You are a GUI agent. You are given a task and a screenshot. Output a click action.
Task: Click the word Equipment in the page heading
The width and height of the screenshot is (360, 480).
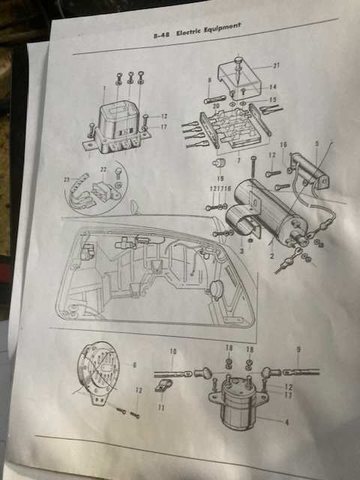click(223, 28)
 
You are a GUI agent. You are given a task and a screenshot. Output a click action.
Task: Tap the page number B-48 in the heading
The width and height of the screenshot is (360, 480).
click(161, 35)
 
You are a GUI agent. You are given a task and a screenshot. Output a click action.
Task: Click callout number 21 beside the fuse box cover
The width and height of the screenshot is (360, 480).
click(277, 65)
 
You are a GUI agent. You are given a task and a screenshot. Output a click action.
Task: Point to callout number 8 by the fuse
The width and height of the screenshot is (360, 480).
click(210, 80)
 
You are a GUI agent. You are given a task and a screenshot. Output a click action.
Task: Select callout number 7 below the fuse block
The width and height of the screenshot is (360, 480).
click(238, 160)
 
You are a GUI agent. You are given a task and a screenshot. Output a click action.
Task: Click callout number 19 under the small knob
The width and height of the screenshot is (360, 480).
click(220, 178)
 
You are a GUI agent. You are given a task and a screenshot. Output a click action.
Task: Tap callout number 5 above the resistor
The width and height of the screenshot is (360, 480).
click(317, 143)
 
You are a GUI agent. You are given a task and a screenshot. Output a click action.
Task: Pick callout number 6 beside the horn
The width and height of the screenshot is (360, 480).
click(134, 365)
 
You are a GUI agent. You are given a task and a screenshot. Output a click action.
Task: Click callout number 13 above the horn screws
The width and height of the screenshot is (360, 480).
click(139, 390)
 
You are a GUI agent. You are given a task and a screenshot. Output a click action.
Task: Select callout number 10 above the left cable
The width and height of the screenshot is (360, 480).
click(173, 352)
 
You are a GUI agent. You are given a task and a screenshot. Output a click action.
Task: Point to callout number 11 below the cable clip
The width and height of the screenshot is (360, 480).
click(161, 407)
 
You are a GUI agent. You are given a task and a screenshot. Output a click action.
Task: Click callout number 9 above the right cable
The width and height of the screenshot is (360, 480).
click(298, 349)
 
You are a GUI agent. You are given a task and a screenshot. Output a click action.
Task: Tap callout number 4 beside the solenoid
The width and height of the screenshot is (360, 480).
click(286, 422)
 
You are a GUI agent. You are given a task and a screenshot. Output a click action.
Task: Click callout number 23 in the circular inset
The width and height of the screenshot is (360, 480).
click(67, 179)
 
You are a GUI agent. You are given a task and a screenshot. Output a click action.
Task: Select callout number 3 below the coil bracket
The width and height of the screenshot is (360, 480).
click(241, 251)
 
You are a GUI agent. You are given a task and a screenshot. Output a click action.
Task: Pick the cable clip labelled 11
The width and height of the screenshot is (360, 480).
click(163, 385)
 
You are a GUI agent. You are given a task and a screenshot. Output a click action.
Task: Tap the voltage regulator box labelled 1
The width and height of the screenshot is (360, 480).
click(117, 127)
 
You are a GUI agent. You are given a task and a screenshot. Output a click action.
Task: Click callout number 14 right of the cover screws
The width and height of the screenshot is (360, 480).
click(272, 87)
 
